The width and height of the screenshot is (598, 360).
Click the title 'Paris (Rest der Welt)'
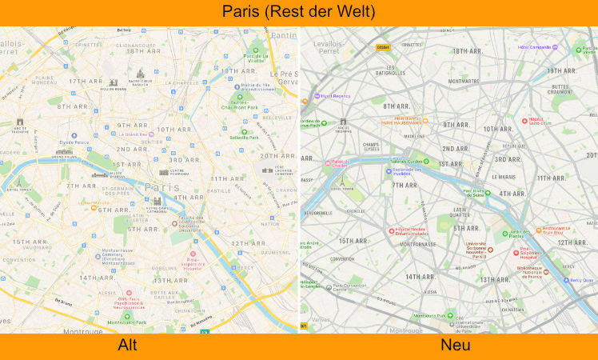(299, 13)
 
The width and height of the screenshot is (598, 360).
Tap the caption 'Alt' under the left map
(128, 346)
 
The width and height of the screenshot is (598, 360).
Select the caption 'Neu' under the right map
(456, 346)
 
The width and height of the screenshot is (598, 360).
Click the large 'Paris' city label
(163, 187)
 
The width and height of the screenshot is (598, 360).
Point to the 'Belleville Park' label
(244, 138)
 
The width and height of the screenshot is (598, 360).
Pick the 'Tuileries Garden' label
(405, 161)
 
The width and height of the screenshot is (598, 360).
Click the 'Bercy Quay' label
(582, 280)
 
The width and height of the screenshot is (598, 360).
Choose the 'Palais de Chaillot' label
(337, 164)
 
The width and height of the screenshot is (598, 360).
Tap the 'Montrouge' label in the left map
(82, 331)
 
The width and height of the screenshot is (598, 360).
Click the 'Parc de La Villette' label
(255, 57)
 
